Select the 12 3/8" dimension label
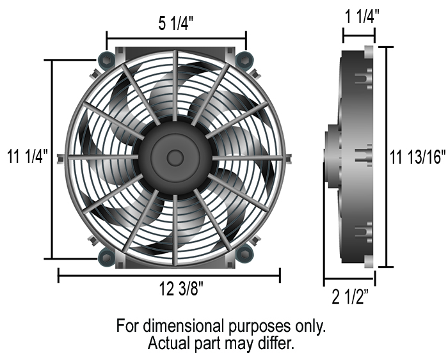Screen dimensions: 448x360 pos(181,288)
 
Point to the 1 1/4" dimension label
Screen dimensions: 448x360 pos(362,16)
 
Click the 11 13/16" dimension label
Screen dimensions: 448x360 pos(418,157)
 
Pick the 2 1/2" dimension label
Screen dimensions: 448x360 pos(350,297)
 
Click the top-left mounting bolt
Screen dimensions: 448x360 pos(106,59)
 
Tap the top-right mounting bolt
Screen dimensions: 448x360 pos(244,59)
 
